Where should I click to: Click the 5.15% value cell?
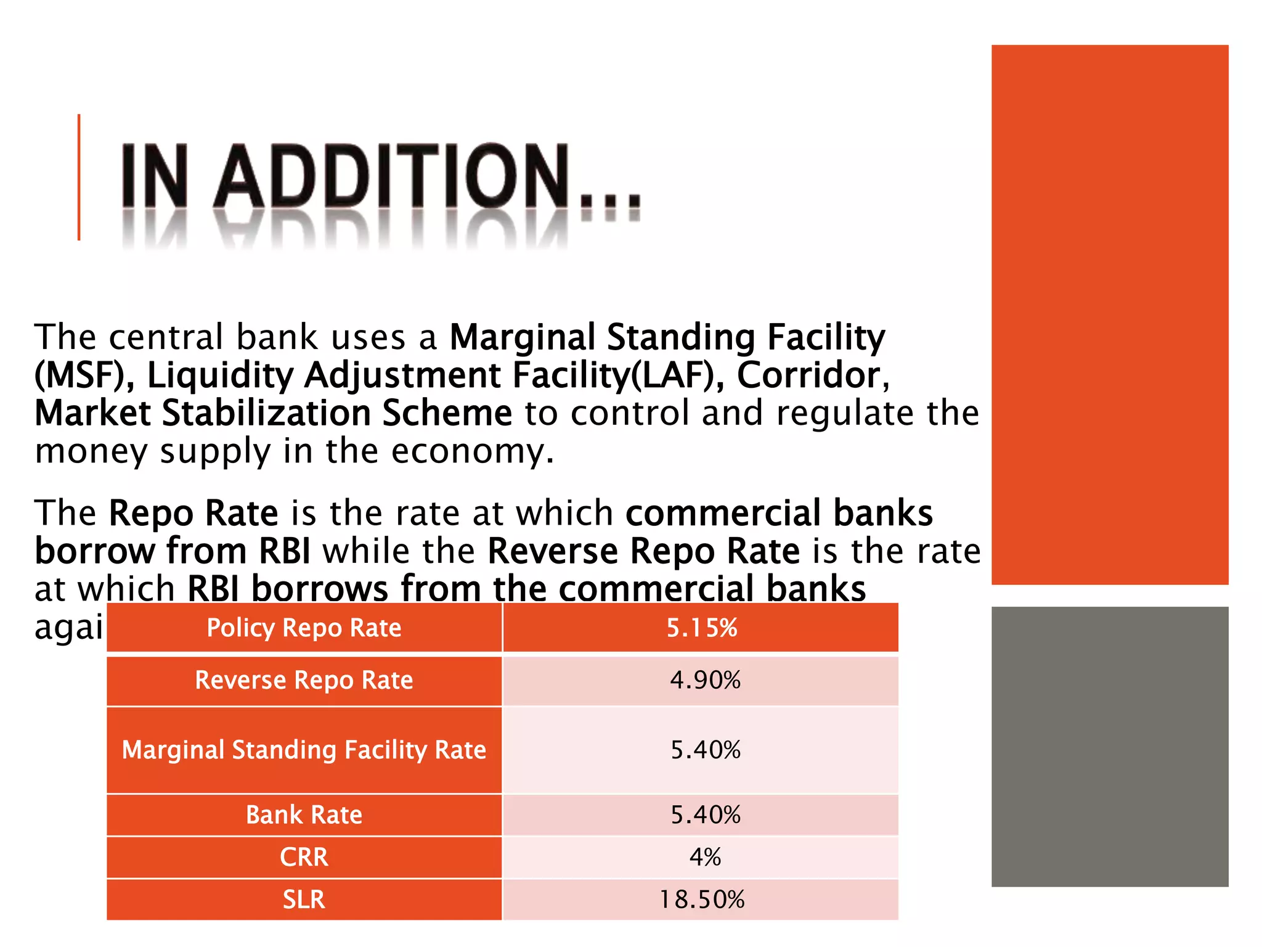coord(701,628)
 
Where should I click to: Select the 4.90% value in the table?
coord(705,680)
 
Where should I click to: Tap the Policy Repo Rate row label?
coord(304,628)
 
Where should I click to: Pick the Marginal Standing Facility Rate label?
coord(304,750)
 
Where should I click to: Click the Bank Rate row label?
coord(304,814)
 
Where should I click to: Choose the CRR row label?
coord(304,857)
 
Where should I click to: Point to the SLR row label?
coord(304,900)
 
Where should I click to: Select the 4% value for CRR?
coord(705,857)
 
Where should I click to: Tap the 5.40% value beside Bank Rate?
coord(705,814)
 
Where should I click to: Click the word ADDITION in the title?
coord(394,176)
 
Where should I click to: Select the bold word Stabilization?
coord(266,413)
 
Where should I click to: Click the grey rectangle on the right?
coord(1109,746)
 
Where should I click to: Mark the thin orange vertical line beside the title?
coord(79,177)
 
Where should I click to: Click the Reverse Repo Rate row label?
coord(304,680)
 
